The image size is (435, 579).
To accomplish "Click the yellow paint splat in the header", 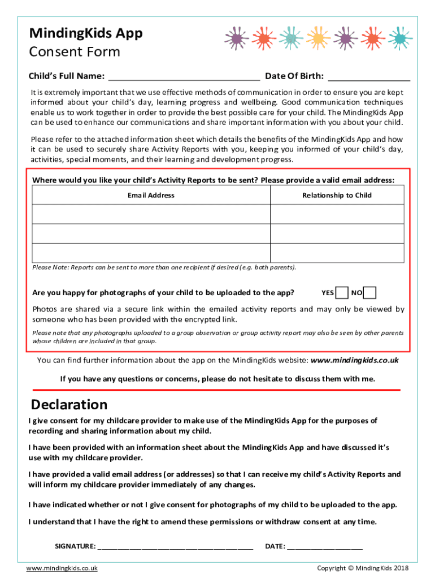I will click(x=318, y=38).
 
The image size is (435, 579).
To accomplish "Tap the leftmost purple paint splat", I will click(x=236, y=38).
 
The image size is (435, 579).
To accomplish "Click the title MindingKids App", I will click(x=86, y=33).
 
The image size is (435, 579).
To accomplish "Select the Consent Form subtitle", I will click(x=75, y=52).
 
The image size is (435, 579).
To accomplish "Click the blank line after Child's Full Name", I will click(x=184, y=76).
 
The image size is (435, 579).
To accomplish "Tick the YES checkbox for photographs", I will click(x=341, y=293).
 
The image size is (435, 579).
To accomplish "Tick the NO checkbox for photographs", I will click(x=369, y=293).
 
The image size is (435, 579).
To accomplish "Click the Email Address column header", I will click(x=151, y=195).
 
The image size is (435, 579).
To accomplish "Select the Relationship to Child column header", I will click(x=337, y=195).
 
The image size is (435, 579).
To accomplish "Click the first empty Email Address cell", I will click(x=151, y=214).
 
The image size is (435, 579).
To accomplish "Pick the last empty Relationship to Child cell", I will click(x=337, y=253).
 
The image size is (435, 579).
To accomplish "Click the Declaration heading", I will click(x=69, y=405).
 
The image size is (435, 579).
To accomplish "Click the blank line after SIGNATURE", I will click(x=175, y=547).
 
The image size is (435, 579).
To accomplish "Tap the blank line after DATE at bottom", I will click(x=325, y=547).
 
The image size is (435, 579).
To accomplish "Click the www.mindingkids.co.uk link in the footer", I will click(x=62, y=568).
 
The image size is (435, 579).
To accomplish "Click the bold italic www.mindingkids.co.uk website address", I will click(x=355, y=360).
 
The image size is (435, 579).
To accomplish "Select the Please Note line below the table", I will click(x=164, y=267).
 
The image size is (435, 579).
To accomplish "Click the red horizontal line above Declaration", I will click(x=216, y=390).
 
